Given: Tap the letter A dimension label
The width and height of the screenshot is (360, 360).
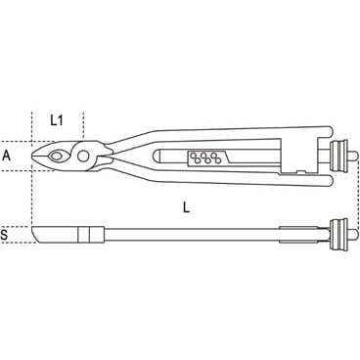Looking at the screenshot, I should pos(7,155).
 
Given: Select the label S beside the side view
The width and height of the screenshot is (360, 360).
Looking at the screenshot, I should pos(7,236).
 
